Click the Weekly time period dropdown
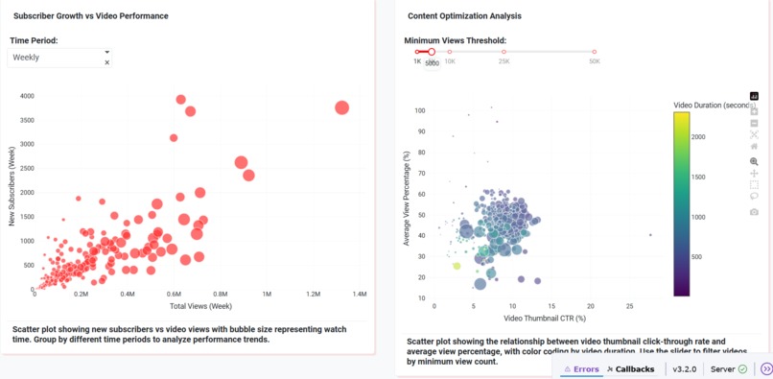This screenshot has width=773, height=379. click(58, 58)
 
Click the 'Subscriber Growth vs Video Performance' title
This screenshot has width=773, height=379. click(91, 16)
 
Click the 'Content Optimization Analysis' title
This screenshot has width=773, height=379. click(464, 16)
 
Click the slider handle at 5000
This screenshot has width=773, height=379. click(432, 52)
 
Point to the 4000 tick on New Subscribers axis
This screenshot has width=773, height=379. click(26, 96)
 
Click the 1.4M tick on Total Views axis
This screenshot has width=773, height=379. click(360, 295)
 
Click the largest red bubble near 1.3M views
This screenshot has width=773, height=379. click(341, 107)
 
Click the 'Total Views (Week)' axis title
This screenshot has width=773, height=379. click(200, 306)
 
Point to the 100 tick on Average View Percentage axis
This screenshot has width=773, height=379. click(419, 110)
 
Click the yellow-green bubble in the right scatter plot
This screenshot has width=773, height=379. click(457, 266)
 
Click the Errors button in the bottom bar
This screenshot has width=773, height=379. click(581, 368)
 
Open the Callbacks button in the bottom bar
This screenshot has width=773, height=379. click(630, 368)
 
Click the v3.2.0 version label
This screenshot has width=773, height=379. click(685, 368)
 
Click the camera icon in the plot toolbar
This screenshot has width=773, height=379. click(754, 211)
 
